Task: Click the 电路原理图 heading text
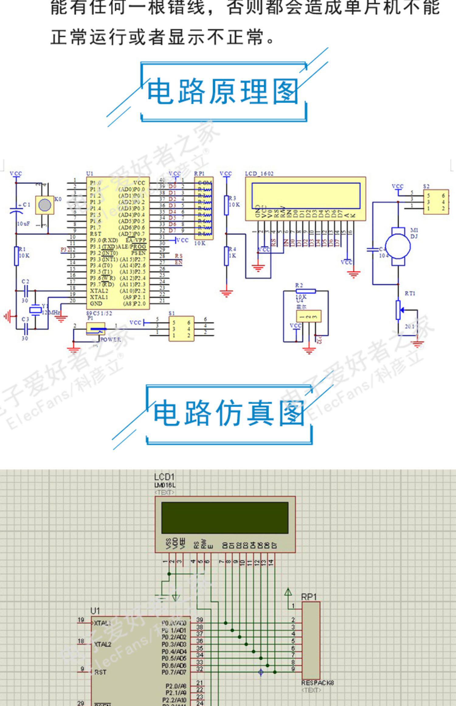[x=223, y=91]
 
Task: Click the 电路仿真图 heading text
[x=229, y=414]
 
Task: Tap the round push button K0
[x=45, y=205]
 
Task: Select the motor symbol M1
[x=398, y=246]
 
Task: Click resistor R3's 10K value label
[x=234, y=205]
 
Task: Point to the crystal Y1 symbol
[x=36, y=310]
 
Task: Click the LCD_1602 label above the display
[x=259, y=174]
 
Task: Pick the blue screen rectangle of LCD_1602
[x=306, y=196]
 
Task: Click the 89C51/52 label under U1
[x=99, y=313]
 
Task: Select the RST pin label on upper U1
[x=95, y=234]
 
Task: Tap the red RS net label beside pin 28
[x=179, y=256]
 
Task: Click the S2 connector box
[x=436, y=202]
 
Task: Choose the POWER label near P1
[x=110, y=340]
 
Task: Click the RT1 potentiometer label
[x=410, y=293]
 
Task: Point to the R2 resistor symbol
[x=306, y=291]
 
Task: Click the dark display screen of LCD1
[x=225, y=517]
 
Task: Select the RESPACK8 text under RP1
[x=317, y=683]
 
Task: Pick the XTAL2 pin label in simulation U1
[x=102, y=644]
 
